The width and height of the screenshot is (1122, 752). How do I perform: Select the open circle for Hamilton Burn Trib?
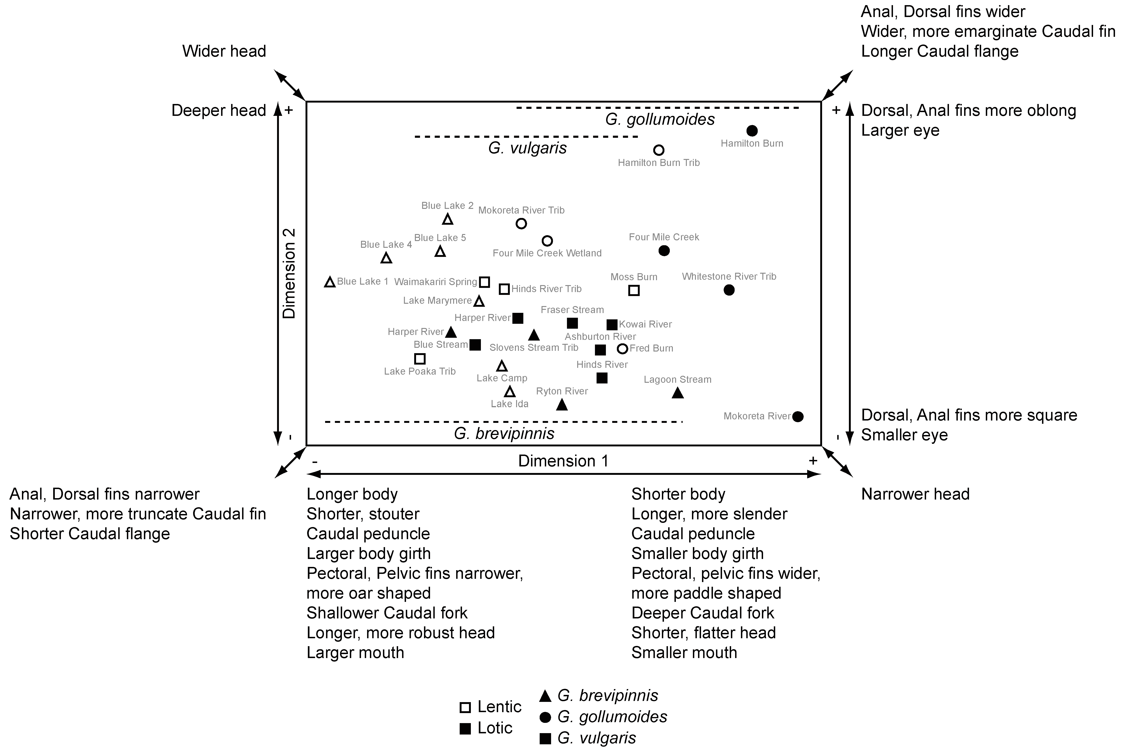(659, 150)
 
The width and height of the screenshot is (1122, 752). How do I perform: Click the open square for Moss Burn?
(634, 290)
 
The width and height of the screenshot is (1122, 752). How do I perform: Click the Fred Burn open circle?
(622, 349)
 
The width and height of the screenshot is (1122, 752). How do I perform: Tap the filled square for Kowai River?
(611, 325)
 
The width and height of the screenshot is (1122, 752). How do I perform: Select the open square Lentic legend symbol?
(465, 707)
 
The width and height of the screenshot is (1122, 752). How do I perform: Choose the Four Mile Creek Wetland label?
(547, 253)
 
